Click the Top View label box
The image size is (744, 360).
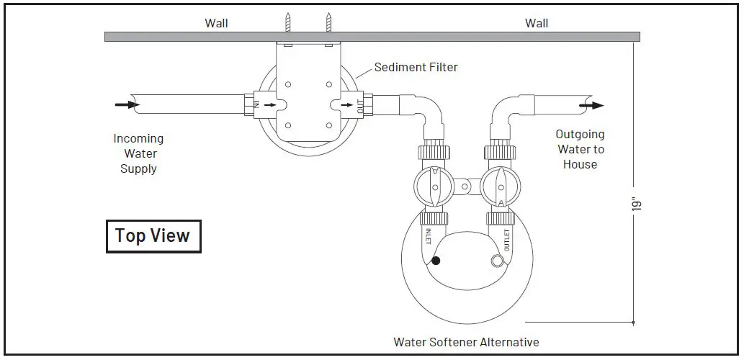pos(153,235)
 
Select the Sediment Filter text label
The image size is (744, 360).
pos(416,68)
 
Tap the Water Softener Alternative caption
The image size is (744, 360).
pos(466,342)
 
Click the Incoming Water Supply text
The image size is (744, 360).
pos(139,153)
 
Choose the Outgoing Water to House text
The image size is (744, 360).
pos(580,149)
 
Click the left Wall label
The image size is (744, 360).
pos(216,23)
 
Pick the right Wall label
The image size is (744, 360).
pos(537,23)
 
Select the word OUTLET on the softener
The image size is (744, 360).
pos(506,240)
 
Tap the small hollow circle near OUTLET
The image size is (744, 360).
pos(496,261)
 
